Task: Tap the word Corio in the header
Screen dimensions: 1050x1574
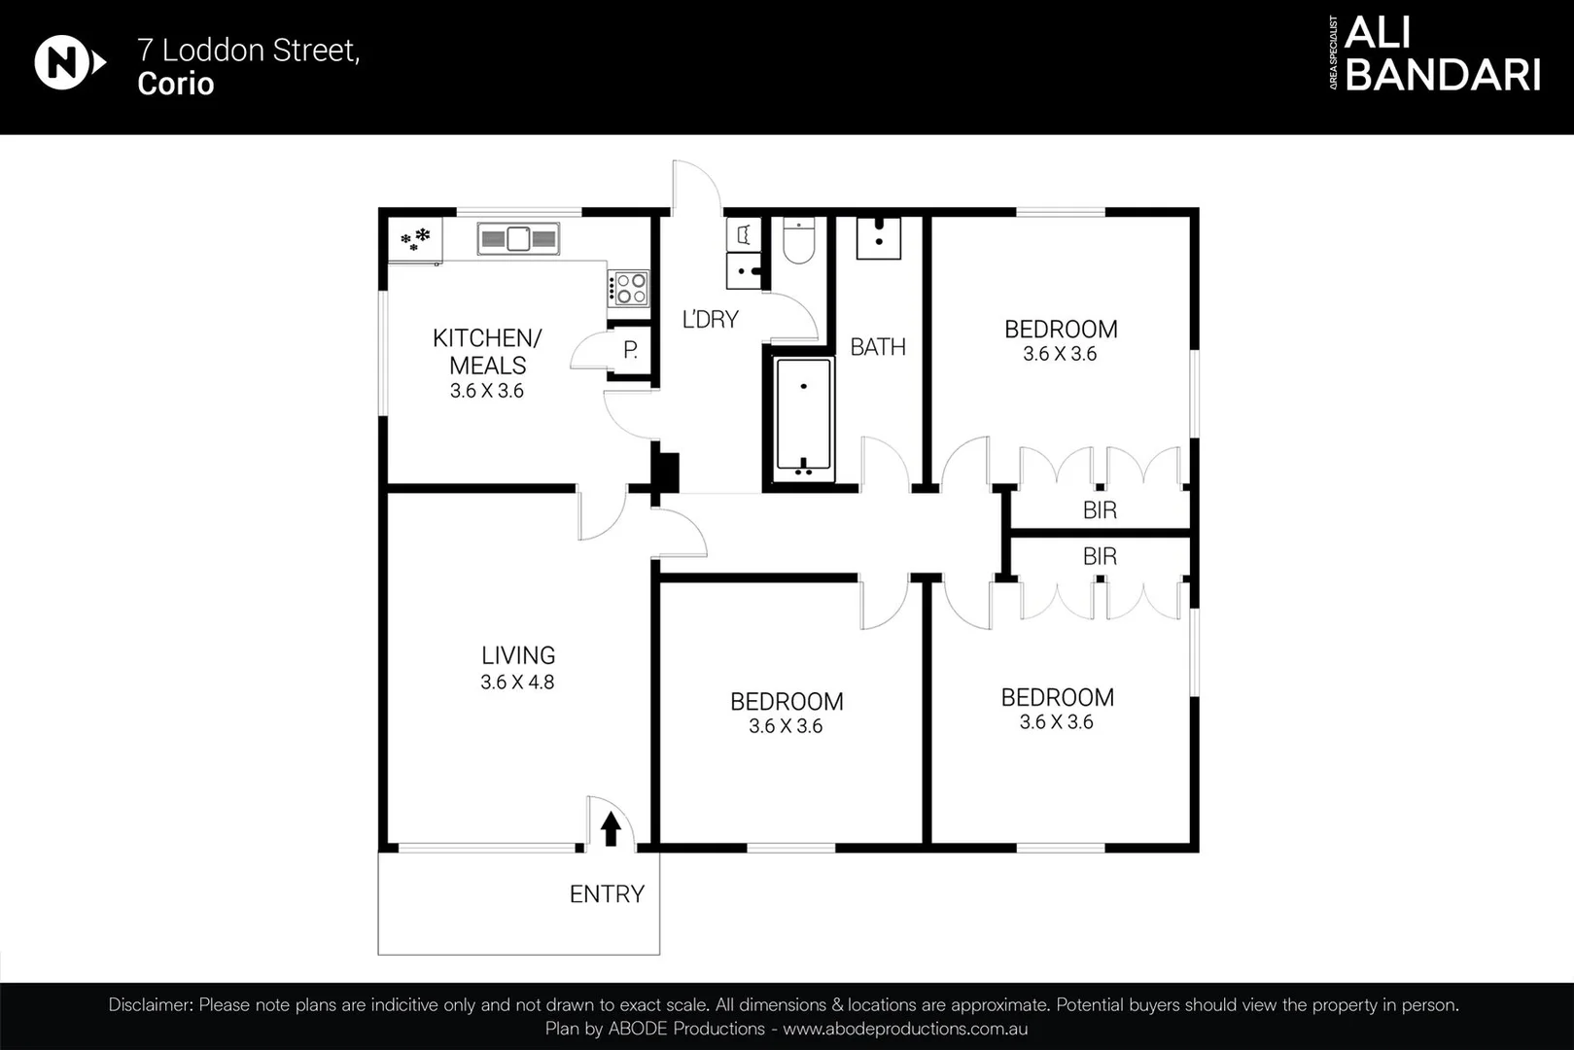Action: click(x=176, y=84)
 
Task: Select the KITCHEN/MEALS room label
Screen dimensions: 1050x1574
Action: click(x=487, y=351)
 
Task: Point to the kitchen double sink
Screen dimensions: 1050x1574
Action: click(x=518, y=238)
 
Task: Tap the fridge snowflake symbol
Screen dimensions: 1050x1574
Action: click(x=416, y=238)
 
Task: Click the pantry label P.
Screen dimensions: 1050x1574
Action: click(x=630, y=350)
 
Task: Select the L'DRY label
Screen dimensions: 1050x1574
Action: click(x=710, y=319)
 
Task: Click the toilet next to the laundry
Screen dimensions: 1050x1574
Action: click(x=799, y=242)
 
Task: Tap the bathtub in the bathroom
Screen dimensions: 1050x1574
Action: click(x=804, y=420)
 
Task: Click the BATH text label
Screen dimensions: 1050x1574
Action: click(x=878, y=347)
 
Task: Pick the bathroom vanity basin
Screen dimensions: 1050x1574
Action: click(x=879, y=237)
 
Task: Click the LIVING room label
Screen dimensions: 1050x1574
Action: click(x=518, y=655)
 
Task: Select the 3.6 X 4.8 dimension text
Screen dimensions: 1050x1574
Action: click(x=517, y=682)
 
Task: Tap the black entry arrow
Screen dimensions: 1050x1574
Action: click(x=611, y=829)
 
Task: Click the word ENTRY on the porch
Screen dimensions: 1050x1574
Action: click(x=607, y=894)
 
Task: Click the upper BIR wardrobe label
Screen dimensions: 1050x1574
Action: click(x=1100, y=509)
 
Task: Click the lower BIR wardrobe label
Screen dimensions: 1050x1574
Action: click(x=1100, y=556)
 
